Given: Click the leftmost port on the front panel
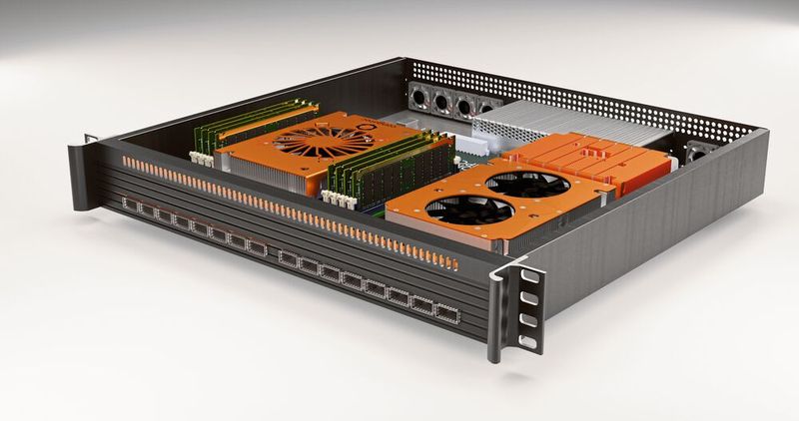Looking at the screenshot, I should (x=131, y=206).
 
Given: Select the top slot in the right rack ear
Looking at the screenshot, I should (x=524, y=275).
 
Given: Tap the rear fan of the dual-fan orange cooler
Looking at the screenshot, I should (x=525, y=183).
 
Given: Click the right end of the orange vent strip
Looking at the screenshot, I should (x=451, y=263).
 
